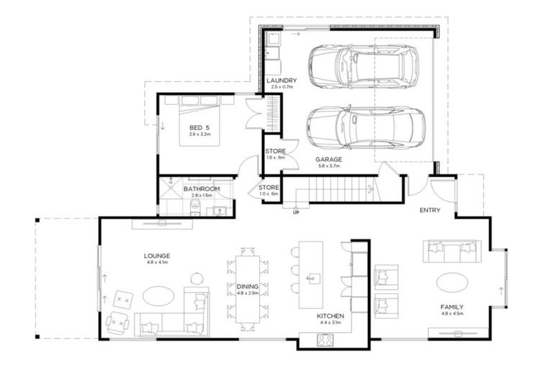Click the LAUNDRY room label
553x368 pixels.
point(281,81)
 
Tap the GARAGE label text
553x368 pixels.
point(328,159)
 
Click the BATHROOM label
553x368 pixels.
point(202,189)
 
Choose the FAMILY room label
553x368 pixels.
point(452,306)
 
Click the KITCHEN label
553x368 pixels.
point(331,316)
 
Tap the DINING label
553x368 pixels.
point(247,286)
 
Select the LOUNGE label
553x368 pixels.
point(156,255)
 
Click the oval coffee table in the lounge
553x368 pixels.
point(157,295)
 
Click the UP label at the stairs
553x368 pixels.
point(295,212)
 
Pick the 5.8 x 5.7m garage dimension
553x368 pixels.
point(328,166)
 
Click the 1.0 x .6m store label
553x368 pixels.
point(269,194)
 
